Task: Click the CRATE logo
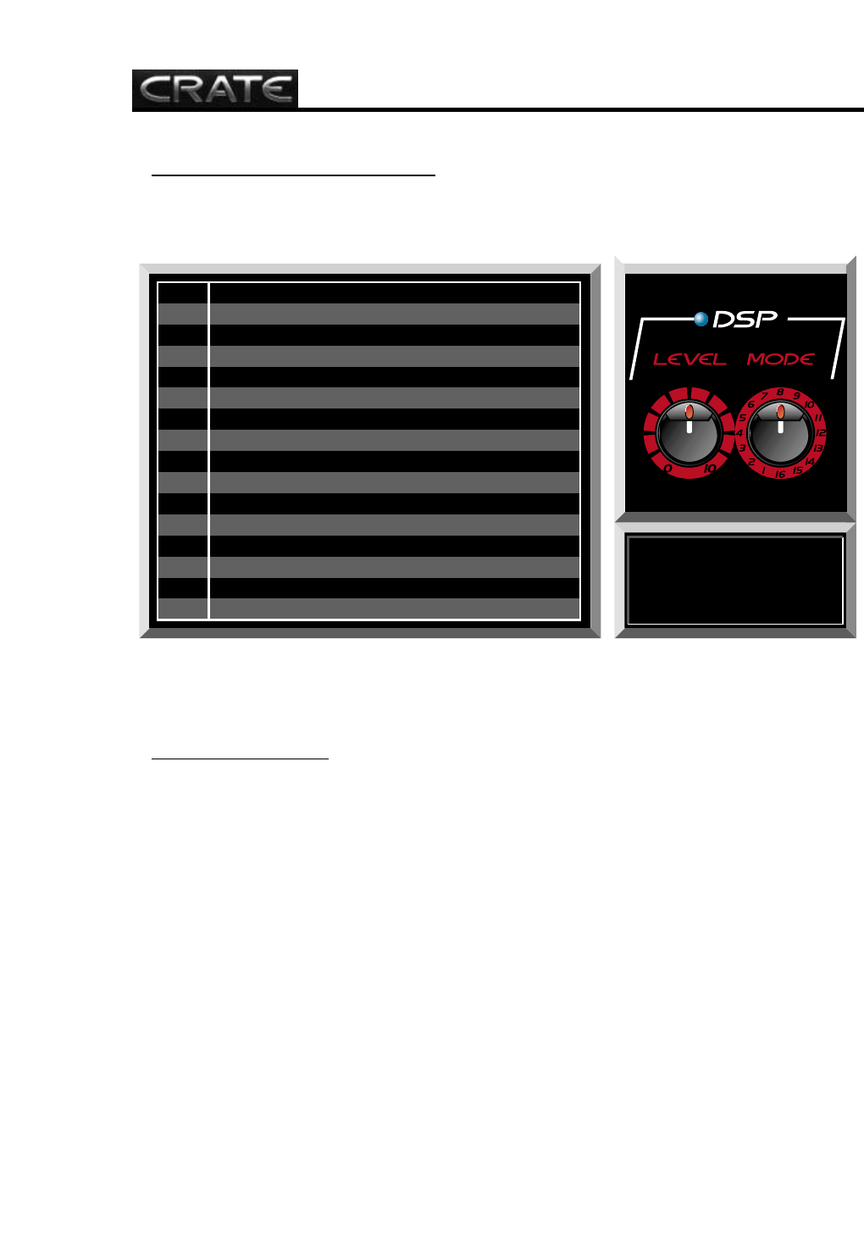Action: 214,89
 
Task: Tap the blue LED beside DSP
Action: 701,320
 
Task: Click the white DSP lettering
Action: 745,320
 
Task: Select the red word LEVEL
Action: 690,359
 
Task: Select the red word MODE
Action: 780,359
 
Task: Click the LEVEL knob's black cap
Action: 689,436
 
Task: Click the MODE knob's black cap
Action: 780,436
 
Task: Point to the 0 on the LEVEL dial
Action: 668,469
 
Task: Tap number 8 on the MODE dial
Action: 780,392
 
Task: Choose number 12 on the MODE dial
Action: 821,433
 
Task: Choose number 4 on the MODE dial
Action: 739,433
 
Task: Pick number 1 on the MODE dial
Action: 764,471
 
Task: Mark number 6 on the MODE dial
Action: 750,404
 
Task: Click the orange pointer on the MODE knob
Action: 780,412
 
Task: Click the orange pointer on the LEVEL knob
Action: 690,412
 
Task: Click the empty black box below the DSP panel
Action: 734,581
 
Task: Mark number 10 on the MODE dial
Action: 809,404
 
